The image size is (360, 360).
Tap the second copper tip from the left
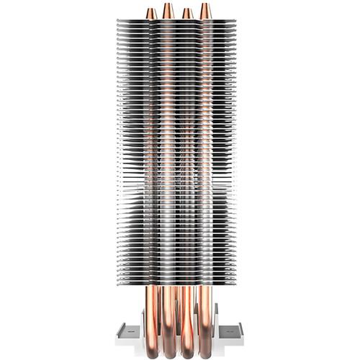point(168,9)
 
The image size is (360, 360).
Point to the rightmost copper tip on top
point(205,9)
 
